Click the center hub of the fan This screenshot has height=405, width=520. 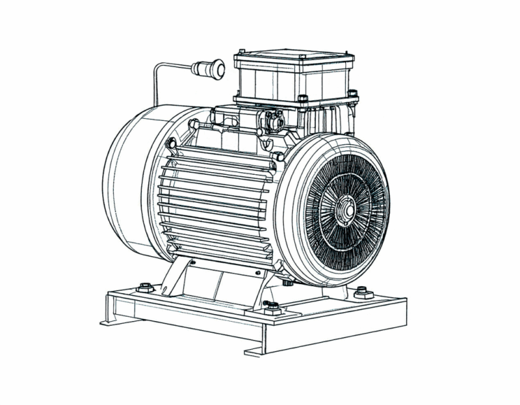click(344, 211)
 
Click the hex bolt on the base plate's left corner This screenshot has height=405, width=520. click(145, 287)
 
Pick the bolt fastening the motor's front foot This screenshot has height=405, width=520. click(273, 304)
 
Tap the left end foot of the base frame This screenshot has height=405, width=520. click(107, 319)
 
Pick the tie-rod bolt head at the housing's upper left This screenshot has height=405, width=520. click(171, 142)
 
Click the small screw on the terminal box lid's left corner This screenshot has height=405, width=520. click(241, 52)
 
